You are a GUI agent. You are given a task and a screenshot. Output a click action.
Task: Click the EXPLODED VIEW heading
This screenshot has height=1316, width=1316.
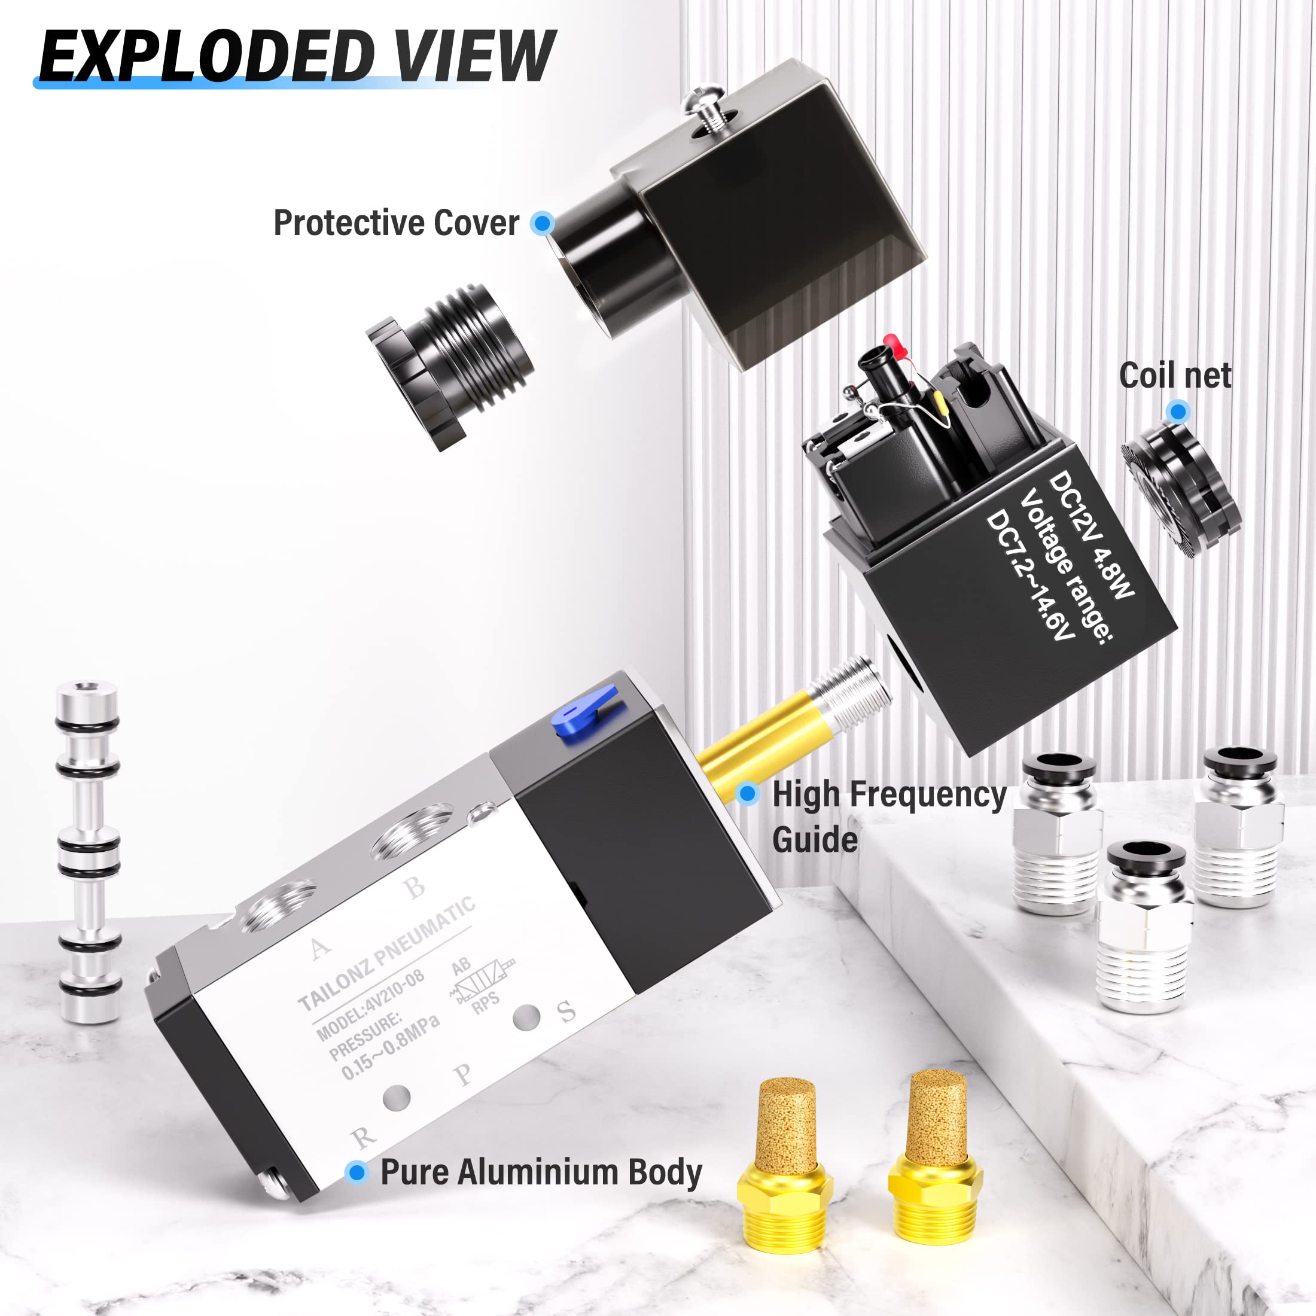point(297,56)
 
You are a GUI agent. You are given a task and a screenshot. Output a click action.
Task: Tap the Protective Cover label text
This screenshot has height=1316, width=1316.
point(396,223)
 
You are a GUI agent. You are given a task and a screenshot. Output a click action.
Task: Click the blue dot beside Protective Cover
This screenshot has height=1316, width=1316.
point(543,223)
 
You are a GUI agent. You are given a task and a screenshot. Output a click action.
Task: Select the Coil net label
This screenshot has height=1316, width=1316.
point(1175,376)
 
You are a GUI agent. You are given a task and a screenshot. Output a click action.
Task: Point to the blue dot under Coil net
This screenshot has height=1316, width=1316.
point(1178,412)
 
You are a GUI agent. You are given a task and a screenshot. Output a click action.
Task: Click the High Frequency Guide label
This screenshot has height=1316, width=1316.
point(888,816)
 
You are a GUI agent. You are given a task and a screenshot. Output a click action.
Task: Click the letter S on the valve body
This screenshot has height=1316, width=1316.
point(566,1012)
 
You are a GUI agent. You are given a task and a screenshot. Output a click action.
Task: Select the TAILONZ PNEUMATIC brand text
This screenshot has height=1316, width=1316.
point(386,954)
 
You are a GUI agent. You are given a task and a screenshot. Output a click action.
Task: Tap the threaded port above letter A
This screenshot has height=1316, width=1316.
point(279,904)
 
